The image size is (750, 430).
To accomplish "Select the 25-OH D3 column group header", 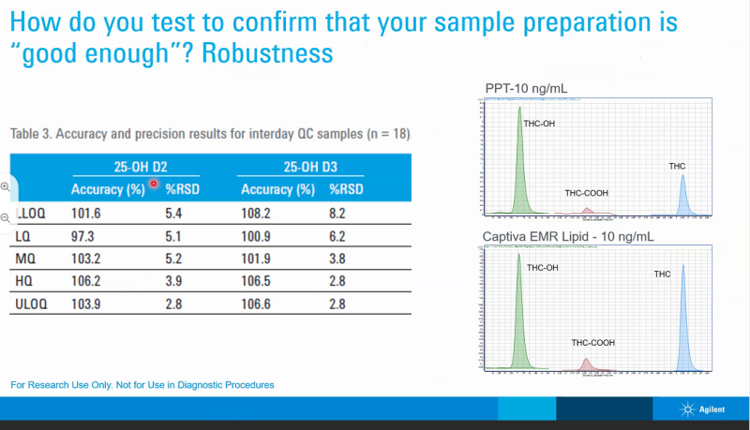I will [310, 169].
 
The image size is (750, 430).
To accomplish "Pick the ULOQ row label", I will [34, 303].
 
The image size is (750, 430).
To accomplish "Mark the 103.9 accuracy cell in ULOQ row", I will [87, 303].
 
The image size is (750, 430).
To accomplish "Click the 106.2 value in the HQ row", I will [87, 280].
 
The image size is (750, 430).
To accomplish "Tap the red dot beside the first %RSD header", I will [154, 183].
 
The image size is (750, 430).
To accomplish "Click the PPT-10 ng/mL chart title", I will [526, 89].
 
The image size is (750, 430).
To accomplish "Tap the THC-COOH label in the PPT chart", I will [586, 193].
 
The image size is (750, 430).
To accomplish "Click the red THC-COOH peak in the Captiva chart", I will [586, 363].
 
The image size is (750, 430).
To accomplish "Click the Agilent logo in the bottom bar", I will [708, 409].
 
